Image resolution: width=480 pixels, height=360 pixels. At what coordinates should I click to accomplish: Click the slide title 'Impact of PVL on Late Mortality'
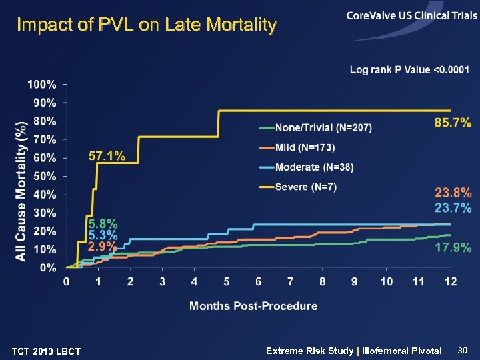click(146, 25)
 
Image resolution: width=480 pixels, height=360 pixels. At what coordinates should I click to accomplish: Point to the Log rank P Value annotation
click(409, 69)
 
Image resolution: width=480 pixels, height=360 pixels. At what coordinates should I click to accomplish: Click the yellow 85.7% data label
click(453, 123)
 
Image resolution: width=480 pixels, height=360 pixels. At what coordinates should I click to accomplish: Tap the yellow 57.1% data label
click(107, 156)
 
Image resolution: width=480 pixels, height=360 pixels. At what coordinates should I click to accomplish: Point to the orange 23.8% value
click(453, 193)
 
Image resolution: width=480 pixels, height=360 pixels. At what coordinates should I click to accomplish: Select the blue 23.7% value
click(453, 208)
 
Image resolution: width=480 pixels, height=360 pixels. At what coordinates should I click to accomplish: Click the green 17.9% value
click(453, 247)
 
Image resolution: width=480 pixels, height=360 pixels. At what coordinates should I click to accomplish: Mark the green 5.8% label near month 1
click(103, 223)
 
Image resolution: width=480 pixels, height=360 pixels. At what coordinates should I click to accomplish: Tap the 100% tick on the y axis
click(41, 85)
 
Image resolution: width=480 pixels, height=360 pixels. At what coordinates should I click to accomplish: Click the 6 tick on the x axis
click(258, 282)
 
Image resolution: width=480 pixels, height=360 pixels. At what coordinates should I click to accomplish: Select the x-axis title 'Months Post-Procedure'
click(253, 306)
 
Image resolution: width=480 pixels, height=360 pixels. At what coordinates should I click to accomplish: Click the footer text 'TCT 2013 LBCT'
click(47, 351)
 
